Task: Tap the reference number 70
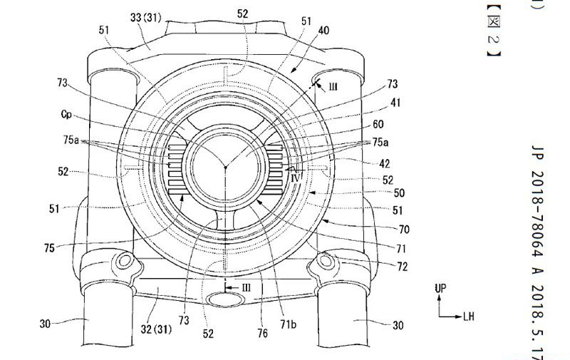(404, 230)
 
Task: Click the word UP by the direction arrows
(440, 287)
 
